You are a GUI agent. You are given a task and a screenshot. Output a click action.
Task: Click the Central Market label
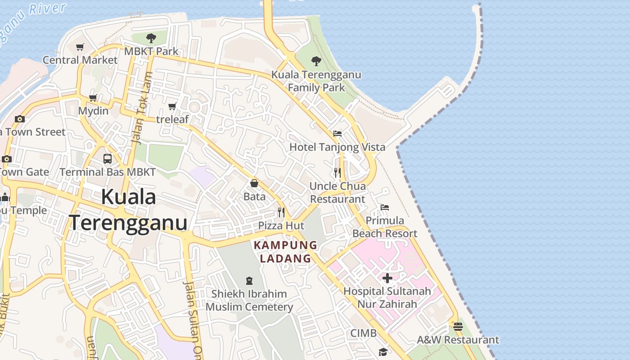[x=80, y=60]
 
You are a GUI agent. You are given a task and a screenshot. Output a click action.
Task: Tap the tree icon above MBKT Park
[x=151, y=38]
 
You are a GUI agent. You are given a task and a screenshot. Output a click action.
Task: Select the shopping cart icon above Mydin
[x=93, y=98]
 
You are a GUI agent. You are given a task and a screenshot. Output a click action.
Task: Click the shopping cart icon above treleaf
[x=172, y=107]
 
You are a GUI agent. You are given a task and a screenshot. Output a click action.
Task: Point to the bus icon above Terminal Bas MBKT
[x=107, y=158]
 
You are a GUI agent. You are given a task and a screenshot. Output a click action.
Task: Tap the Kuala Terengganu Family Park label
[x=316, y=81]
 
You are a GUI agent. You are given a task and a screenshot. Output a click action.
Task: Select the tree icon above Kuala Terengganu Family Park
[x=316, y=61]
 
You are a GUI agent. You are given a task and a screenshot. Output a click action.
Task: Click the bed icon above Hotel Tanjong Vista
[x=337, y=134]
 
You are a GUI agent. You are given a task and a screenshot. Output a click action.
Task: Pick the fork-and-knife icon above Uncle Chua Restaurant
[x=337, y=172]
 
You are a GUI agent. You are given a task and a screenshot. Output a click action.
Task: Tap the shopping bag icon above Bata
[x=254, y=183]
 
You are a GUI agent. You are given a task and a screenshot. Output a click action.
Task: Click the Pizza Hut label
[x=281, y=225]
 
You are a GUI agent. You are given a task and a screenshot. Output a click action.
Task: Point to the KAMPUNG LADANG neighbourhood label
[x=286, y=252]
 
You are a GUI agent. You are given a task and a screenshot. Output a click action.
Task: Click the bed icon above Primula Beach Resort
[x=384, y=207]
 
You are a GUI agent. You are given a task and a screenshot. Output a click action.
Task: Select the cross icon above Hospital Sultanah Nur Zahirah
[x=387, y=278]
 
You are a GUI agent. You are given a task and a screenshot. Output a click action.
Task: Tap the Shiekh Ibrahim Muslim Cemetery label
[x=249, y=300]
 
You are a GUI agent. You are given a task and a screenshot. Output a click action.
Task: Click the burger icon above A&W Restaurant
[x=458, y=327]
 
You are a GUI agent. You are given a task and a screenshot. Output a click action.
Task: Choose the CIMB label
[x=364, y=333]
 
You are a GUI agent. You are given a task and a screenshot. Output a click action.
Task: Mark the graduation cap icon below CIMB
[x=383, y=351]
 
